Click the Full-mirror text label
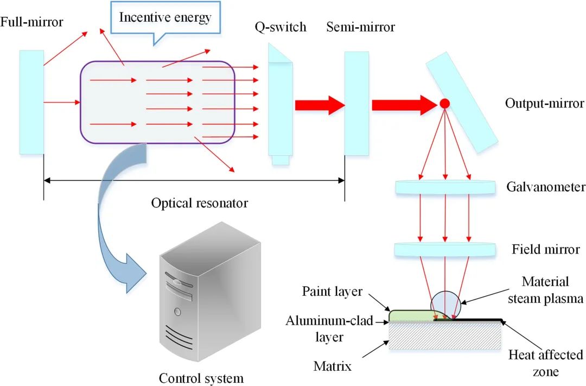(x=32, y=23)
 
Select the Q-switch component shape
(x=280, y=103)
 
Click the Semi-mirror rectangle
(x=356, y=103)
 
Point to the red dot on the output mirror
(x=444, y=103)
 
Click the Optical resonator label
(x=199, y=203)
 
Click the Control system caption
(x=201, y=377)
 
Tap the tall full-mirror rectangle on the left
(x=31, y=102)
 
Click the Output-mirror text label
(x=536, y=103)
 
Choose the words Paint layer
(x=332, y=292)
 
